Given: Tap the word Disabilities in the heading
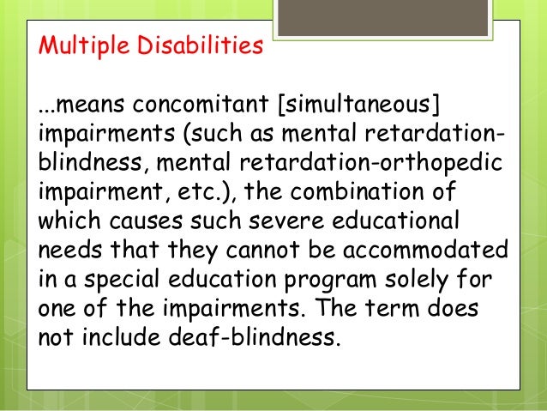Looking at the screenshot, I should click(x=193, y=45).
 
